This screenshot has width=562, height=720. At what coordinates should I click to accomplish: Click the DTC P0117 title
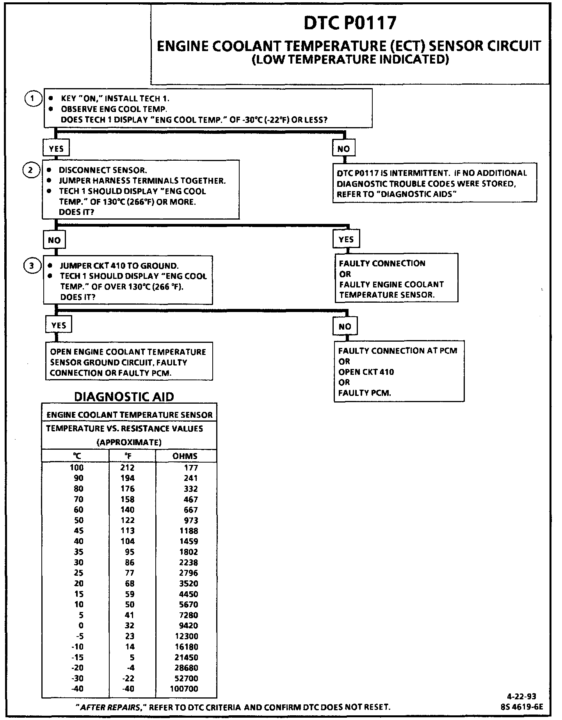[x=350, y=23]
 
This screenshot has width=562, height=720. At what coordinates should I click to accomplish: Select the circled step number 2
[x=31, y=170]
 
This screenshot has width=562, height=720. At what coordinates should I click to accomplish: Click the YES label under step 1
[x=56, y=149]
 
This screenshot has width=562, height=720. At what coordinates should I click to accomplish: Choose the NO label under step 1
[x=344, y=149]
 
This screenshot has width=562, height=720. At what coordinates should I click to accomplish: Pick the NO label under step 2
[x=54, y=240]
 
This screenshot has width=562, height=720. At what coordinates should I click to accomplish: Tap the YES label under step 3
[x=59, y=325]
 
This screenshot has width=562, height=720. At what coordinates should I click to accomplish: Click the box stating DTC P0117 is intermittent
[x=434, y=183]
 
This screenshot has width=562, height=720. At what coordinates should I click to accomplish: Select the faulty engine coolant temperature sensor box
[x=396, y=278]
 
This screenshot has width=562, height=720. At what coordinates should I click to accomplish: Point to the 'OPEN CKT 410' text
[x=366, y=372]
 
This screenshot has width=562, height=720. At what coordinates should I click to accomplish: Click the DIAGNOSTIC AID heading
[x=124, y=397]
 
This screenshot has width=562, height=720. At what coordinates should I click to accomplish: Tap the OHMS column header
[x=185, y=456]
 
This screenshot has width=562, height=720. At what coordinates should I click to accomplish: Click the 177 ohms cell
[x=191, y=468]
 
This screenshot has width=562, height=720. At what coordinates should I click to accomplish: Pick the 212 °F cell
[x=128, y=468]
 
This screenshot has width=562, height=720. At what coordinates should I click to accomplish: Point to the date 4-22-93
[x=521, y=696]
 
